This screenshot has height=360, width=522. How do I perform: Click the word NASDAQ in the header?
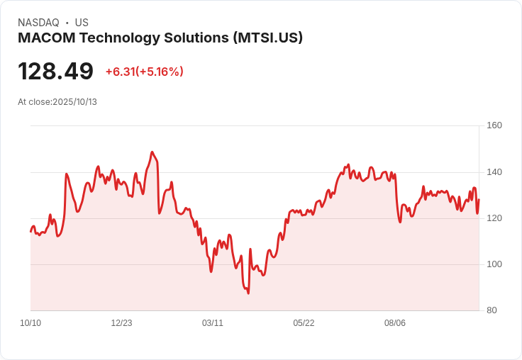38,23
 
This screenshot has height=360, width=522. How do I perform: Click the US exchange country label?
82,23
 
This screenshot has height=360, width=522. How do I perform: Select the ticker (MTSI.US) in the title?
267,38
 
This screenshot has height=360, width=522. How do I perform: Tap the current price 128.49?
55,72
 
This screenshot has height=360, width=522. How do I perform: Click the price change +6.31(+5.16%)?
144,72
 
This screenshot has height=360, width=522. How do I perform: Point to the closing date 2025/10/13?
74,102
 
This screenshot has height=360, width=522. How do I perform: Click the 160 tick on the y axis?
494,125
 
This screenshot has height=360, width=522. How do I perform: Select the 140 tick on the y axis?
494,172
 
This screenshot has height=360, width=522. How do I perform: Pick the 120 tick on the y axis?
494,218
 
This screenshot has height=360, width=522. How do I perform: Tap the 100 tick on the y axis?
494,264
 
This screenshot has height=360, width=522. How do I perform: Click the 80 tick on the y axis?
491,310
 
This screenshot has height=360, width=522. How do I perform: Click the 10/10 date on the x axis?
30,323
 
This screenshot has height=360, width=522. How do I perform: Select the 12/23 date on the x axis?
121,323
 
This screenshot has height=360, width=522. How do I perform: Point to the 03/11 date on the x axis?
213,323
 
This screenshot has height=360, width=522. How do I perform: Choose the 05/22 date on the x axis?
304,323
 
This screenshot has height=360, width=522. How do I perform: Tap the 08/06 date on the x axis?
395,323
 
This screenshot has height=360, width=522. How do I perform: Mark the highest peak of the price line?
152,152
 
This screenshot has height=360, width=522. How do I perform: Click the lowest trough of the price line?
248,293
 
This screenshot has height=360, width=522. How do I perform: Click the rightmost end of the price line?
479,200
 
